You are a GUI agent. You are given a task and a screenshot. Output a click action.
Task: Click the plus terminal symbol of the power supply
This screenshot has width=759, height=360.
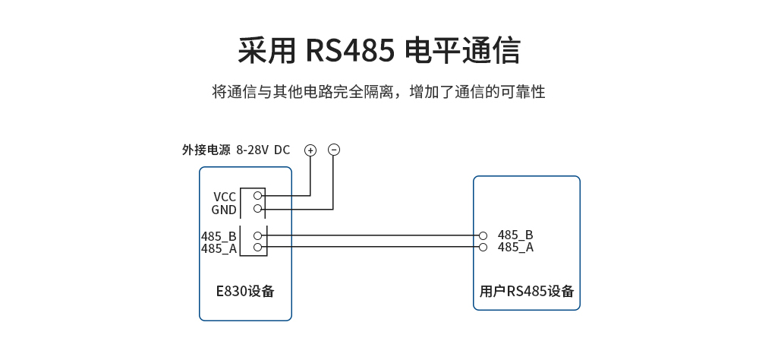(310, 150)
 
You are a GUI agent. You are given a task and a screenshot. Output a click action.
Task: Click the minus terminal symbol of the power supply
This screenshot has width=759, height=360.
(334, 150)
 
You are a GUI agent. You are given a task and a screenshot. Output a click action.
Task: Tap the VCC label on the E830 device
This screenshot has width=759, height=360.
(225, 197)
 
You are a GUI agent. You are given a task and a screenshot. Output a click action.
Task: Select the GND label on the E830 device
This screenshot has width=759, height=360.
(224, 210)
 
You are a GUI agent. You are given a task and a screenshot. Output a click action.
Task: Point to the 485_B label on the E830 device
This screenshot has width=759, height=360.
(219, 236)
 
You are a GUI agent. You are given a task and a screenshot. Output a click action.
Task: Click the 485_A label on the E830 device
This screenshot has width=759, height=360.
(219, 248)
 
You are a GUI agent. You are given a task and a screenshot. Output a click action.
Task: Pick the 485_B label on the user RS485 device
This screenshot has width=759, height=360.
(515, 235)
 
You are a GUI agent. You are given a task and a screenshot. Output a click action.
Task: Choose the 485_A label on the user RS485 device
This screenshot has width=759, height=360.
(515, 248)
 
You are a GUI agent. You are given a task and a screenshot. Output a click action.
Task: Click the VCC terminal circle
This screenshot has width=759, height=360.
(258, 195)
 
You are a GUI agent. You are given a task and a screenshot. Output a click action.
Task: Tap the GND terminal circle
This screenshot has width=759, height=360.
(258, 208)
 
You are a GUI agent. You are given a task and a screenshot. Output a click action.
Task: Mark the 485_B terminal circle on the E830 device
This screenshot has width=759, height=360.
(258, 235)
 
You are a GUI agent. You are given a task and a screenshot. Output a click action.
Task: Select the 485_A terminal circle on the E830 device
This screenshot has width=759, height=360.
(258, 248)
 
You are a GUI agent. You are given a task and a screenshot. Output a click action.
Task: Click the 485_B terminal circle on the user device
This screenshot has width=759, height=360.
(483, 235)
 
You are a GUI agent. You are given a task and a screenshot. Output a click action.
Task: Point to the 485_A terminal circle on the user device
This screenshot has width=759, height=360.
(483, 248)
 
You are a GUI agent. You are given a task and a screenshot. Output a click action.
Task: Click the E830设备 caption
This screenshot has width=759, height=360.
(244, 292)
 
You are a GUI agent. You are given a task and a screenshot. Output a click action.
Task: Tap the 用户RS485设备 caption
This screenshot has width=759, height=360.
(527, 292)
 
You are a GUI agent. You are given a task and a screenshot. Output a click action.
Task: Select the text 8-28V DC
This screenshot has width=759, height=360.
(263, 150)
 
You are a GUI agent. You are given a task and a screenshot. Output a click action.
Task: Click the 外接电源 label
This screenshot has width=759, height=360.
(206, 150)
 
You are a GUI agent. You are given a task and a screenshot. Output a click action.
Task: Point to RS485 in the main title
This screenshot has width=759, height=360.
(351, 51)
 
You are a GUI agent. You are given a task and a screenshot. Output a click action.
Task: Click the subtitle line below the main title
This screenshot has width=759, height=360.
(379, 93)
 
